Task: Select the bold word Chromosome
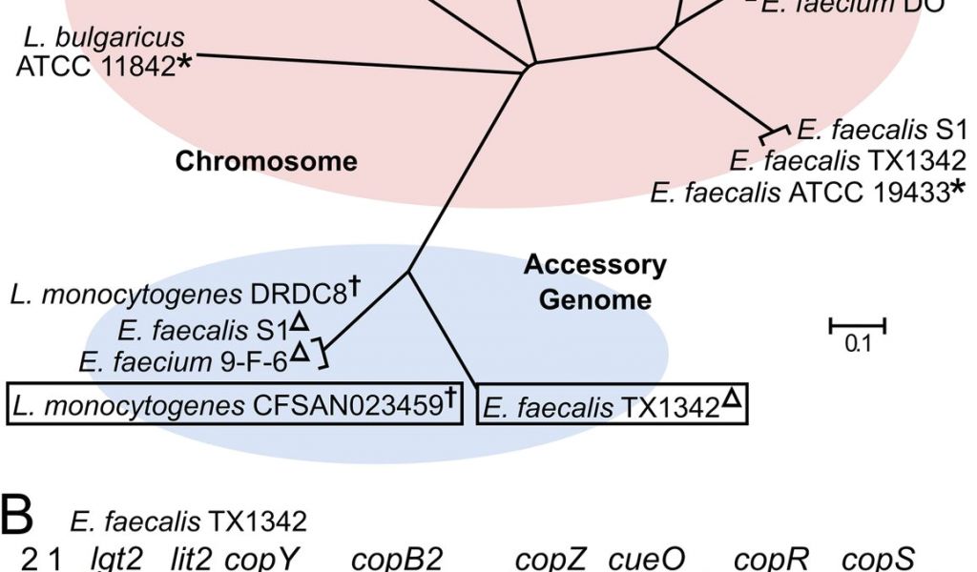[266, 161]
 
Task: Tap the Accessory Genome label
[595, 282]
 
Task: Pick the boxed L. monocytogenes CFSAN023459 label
[234, 404]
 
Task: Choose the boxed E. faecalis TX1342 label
[612, 406]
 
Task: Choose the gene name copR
[770, 559]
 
